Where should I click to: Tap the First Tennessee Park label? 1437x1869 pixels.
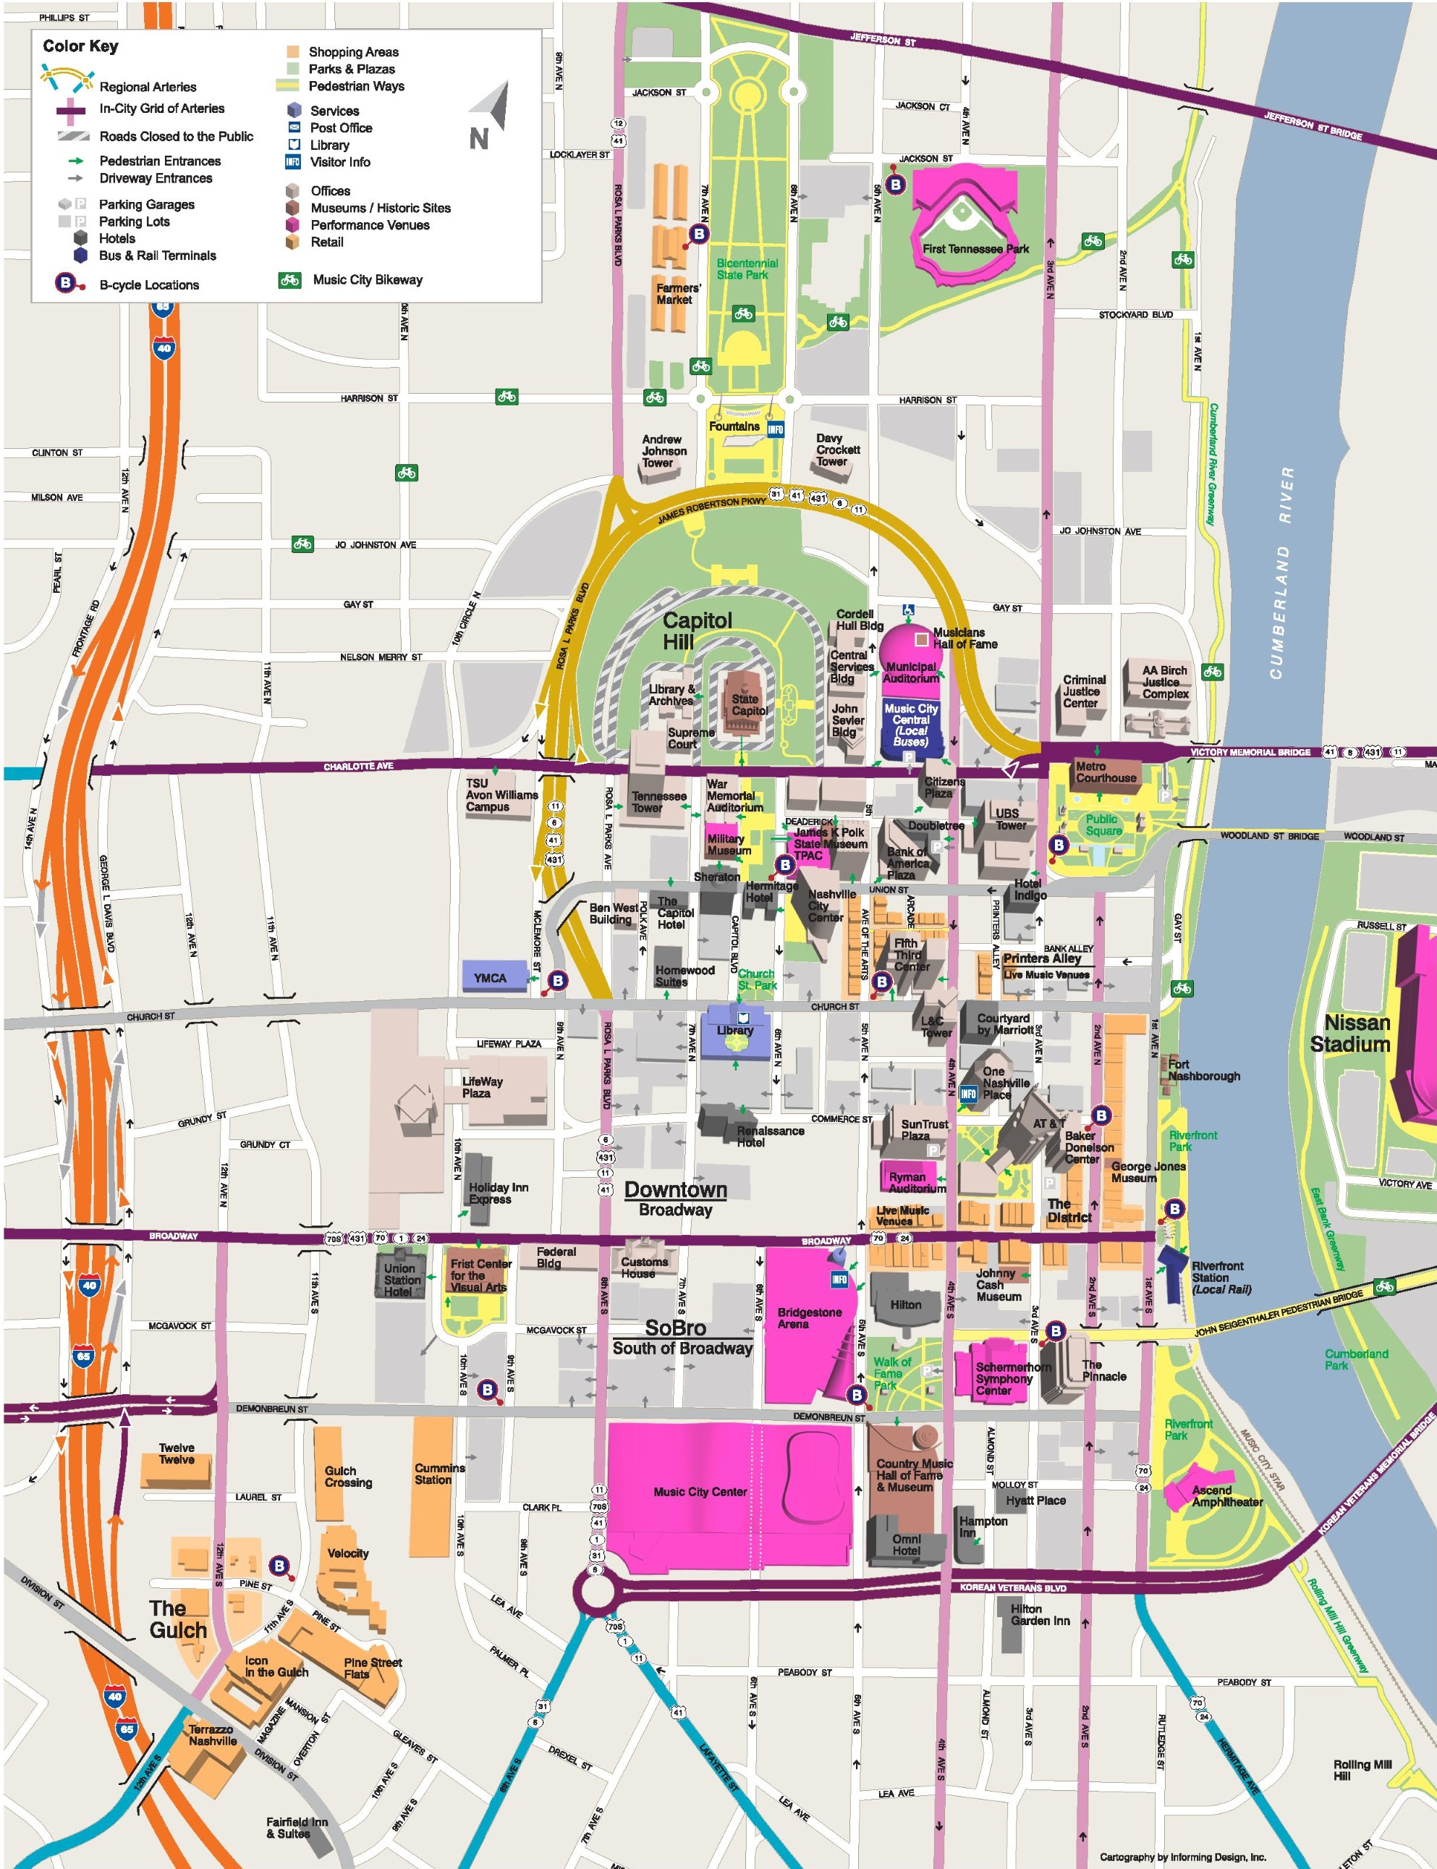point(975,249)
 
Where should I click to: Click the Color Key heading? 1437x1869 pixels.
point(80,46)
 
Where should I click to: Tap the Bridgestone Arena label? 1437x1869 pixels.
point(809,1318)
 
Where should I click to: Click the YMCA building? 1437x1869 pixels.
point(491,977)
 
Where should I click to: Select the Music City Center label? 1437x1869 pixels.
point(700,1492)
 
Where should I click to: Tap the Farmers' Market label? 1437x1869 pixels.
point(677,294)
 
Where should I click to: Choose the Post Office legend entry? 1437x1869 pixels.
point(340,127)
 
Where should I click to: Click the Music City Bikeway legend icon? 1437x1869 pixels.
point(290,280)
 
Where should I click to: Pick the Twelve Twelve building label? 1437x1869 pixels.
point(177,1453)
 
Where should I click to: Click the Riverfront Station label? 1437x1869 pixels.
point(1221,1277)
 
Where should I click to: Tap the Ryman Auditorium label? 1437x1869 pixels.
point(916,1182)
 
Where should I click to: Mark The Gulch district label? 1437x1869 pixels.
point(178,1619)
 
